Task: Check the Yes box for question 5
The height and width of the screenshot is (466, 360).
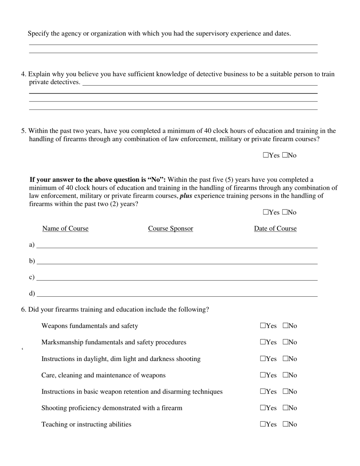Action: (x=265, y=155)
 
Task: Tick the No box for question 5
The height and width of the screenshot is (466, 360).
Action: (x=285, y=155)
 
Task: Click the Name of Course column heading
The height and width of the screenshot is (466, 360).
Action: (x=65, y=228)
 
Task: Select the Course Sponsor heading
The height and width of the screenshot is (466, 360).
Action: (x=171, y=228)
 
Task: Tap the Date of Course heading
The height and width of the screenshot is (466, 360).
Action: (x=275, y=228)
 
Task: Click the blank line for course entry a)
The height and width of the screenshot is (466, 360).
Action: (x=177, y=246)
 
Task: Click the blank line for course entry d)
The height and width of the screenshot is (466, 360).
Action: (x=177, y=294)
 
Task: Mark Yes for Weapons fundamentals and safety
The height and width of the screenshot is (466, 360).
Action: (x=263, y=326)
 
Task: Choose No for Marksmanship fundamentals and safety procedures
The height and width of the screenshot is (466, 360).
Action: (x=285, y=342)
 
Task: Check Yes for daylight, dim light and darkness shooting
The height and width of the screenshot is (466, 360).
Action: (x=263, y=359)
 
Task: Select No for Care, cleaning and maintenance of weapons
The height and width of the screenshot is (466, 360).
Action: (x=285, y=375)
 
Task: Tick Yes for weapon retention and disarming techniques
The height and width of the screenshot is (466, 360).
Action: (x=263, y=391)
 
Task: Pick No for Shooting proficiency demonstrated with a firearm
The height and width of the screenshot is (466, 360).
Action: (x=285, y=408)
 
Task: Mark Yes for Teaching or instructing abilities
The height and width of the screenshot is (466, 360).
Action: (x=263, y=424)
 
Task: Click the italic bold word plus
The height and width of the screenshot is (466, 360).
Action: (x=186, y=196)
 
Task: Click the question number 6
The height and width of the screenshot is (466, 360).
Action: (x=23, y=310)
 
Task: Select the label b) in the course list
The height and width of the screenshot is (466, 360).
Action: (x=32, y=261)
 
